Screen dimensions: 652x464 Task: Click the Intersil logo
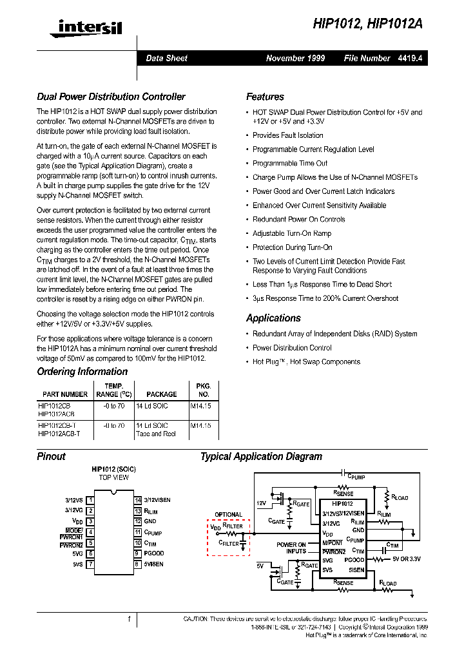pyautogui.click(x=90, y=26)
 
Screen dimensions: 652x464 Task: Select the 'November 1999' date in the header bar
pyautogui.click(x=295, y=58)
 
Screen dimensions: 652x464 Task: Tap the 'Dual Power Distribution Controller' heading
pyautogui.click(x=111, y=97)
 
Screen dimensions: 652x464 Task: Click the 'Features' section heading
pyautogui.click(x=265, y=97)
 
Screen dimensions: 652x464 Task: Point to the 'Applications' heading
pyautogui.click(x=273, y=318)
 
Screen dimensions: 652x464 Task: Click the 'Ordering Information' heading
pyautogui.click(x=82, y=372)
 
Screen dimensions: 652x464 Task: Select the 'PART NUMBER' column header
pyautogui.click(x=65, y=394)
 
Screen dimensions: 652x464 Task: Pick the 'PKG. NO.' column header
pyautogui.click(x=204, y=390)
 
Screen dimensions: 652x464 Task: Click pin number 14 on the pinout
pyautogui.click(x=138, y=500)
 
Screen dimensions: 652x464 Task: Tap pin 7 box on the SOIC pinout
pyautogui.click(x=91, y=564)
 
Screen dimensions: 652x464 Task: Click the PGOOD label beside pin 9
pyautogui.click(x=154, y=553)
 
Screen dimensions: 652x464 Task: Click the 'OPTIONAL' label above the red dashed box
pyautogui.click(x=228, y=515)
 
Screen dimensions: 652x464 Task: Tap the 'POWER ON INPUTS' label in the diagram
pyautogui.click(x=291, y=548)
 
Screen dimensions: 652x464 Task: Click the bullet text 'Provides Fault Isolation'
pyautogui.click(x=287, y=135)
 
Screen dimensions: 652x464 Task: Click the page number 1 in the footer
pyautogui.click(x=129, y=620)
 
